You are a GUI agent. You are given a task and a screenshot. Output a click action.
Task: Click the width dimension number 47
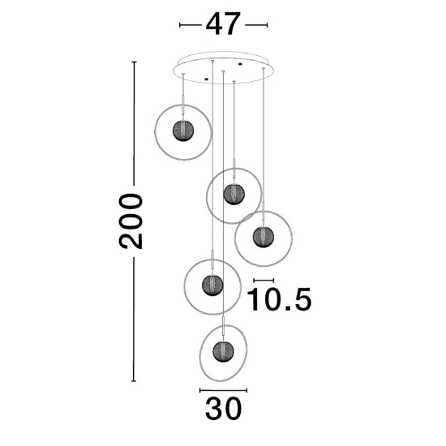coord(223,24)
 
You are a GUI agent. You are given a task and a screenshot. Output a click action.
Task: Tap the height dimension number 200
coord(131,221)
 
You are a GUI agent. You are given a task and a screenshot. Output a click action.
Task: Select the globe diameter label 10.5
coord(279,299)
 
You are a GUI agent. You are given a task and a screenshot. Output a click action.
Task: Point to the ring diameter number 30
coord(223,409)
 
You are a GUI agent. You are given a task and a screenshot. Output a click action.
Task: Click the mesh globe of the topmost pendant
coord(183,131)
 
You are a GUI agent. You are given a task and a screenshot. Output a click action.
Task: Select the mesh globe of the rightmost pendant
coord(264,237)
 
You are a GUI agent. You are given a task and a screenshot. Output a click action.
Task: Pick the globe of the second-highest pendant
coord(234,195)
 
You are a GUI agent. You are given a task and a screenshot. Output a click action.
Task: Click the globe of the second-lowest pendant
coord(212,285)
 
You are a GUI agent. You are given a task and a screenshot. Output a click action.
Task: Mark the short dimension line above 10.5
coord(264,281)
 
